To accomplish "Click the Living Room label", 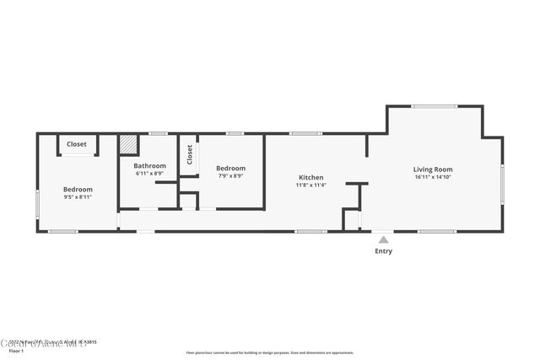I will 432,169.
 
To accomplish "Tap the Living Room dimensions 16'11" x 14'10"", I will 432,177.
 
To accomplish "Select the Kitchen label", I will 311,177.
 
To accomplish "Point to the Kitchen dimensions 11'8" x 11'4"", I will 311,185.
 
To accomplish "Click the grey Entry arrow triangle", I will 383,240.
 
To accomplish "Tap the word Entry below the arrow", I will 383,251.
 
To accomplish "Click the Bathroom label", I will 150,166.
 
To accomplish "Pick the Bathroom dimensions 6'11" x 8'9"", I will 150,174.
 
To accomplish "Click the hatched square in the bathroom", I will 127,144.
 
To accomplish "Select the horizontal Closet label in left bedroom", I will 77,144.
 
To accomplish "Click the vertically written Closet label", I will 190,154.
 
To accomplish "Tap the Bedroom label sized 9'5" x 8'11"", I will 78,189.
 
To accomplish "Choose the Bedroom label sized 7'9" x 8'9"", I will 230,168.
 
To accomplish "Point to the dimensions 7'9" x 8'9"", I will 230,175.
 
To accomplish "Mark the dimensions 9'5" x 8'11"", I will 78,196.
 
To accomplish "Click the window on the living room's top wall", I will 435,106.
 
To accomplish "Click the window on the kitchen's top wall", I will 305,133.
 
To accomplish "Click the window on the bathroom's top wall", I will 158,133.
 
